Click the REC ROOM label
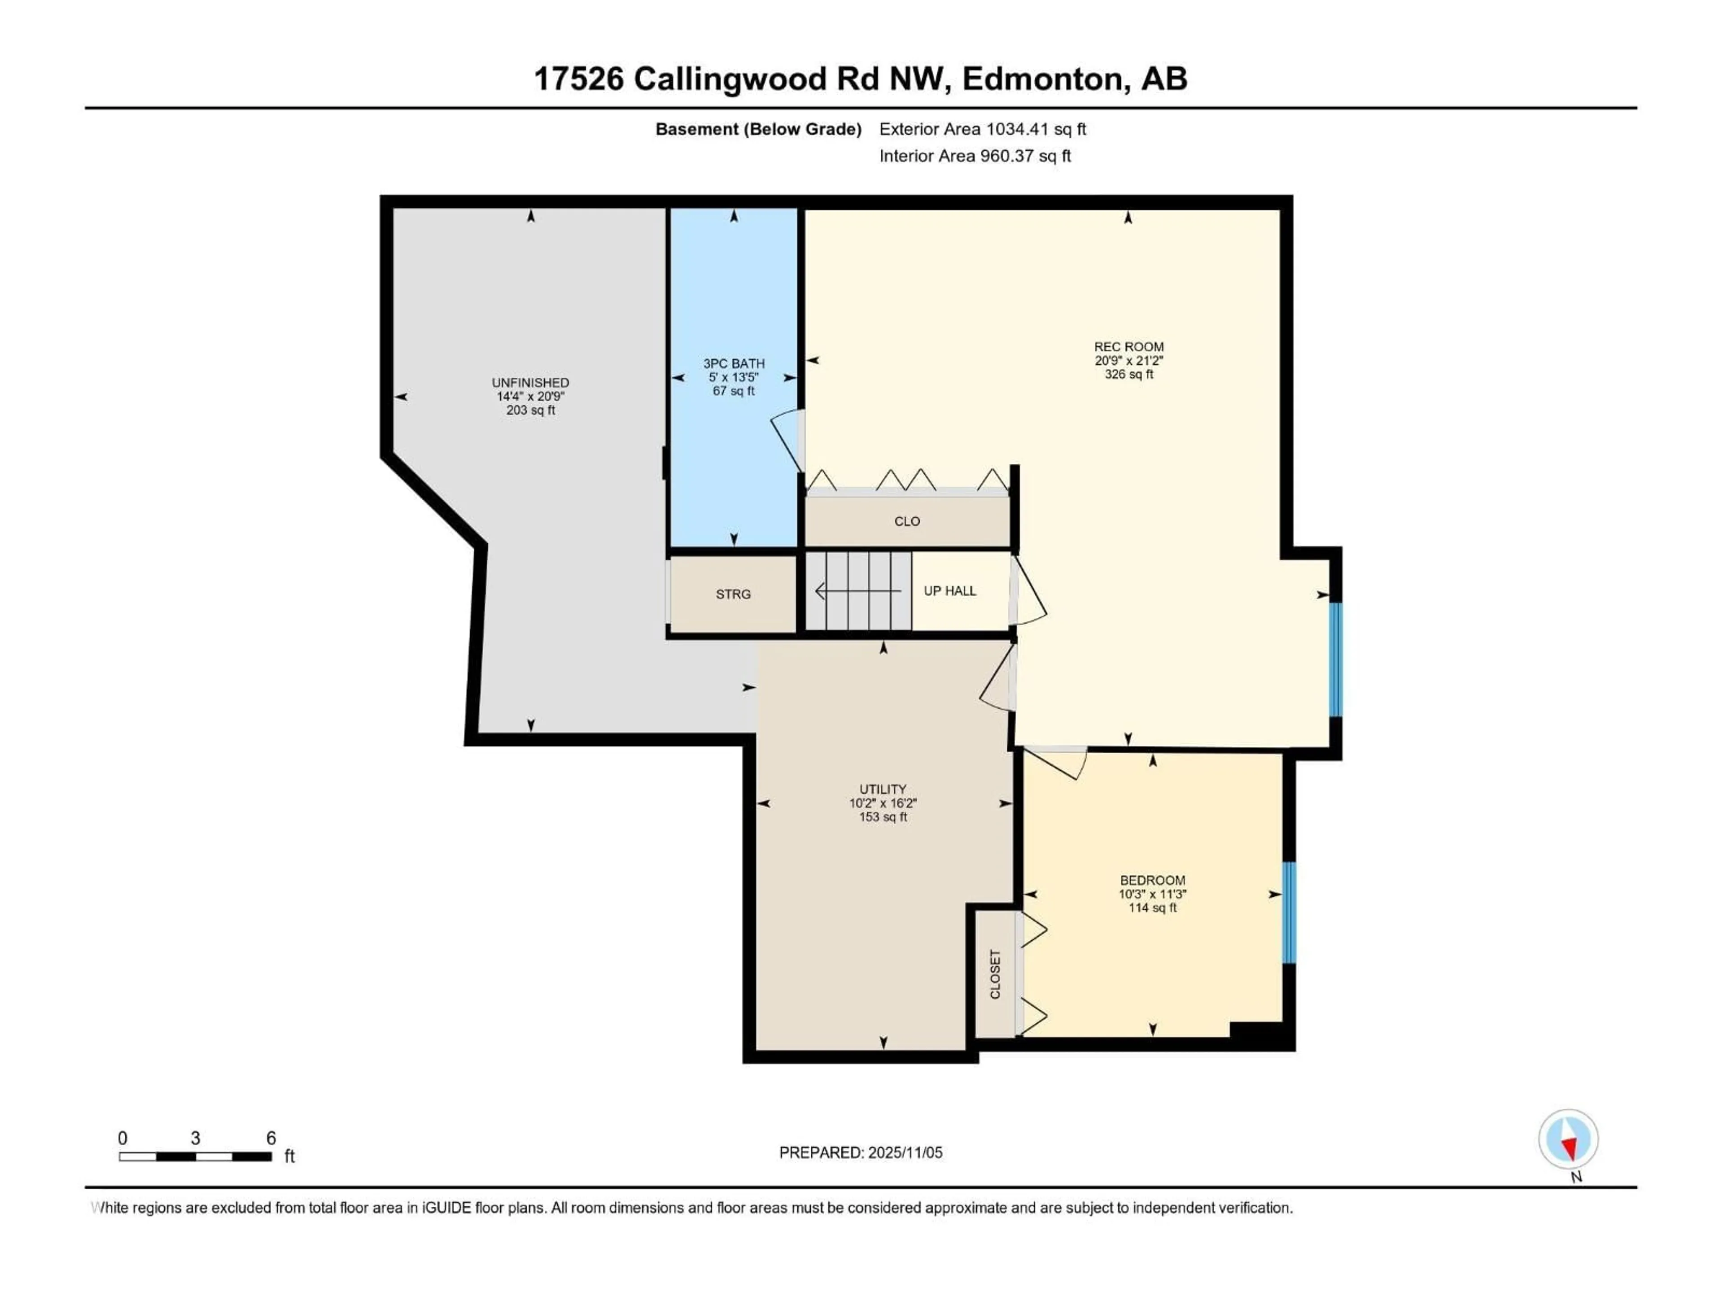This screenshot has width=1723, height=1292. (1128, 347)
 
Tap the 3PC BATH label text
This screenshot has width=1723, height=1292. (734, 364)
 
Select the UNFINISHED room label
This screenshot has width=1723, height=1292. (530, 382)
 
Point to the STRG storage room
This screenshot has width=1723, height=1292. (733, 594)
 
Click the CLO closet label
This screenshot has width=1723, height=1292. (907, 521)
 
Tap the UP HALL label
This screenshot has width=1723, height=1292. (949, 591)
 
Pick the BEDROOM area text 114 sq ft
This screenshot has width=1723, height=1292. (1152, 908)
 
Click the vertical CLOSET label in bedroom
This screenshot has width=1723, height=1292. (995, 974)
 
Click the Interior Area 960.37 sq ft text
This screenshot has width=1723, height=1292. (975, 156)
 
